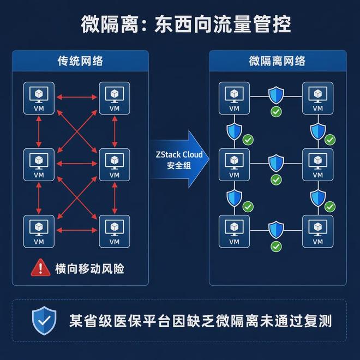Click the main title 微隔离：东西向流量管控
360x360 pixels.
pyautogui.click(x=186, y=25)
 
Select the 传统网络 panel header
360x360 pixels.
pyautogui.click(x=80, y=61)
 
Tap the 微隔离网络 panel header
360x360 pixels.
pyautogui.click(x=278, y=61)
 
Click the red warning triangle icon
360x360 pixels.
pyautogui.click(x=41, y=267)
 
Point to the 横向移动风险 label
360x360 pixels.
pyautogui.click(x=89, y=268)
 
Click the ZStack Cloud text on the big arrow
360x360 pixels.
pyautogui.click(x=179, y=154)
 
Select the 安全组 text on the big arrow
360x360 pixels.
pyautogui.click(x=179, y=165)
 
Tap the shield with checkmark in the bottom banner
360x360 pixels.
pyautogui.click(x=44, y=321)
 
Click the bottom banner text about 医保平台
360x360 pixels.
pyautogui.click(x=200, y=321)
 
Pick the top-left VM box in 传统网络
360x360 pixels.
pyautogui.click(x=39, y=98)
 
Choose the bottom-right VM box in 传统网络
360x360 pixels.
pyautogui.click(x=115, y=231)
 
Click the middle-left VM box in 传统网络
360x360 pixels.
pyautogui.click(x=39, y=165)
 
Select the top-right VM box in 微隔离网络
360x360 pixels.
pyautogui.click(x=318, y=98)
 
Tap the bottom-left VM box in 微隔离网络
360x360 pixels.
pyautogui.click(x=234, y=231)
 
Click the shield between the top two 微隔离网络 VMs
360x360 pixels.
pyautogui.click(x=276, y=95)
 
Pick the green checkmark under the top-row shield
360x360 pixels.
pyautogui.click(x=276, y=112)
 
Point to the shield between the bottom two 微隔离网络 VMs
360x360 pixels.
pyautogui.click(x=276, y=230)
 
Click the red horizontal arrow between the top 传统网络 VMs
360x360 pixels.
pyautogui.click(x=77, y=97)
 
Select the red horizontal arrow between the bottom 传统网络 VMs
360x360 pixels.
pyautogui.click(x=77, y=230)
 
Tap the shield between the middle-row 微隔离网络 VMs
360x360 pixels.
pyautogui.click(x=276, y=163)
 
